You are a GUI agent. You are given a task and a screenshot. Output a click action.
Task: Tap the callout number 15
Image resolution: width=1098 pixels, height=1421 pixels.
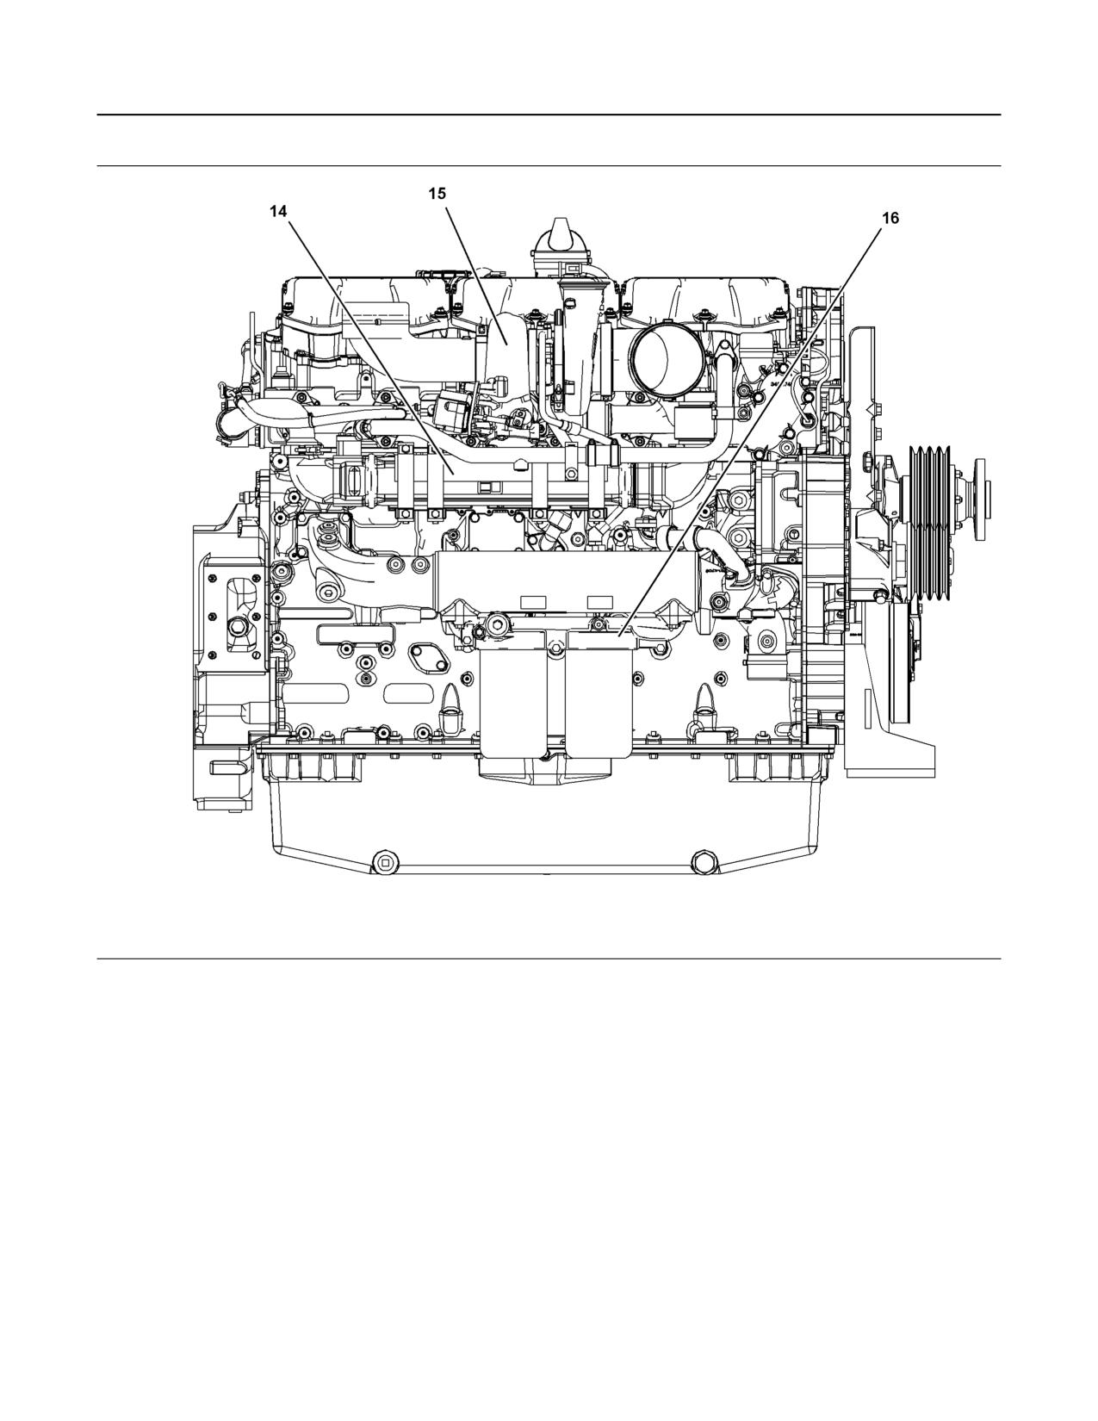tap(437, 194)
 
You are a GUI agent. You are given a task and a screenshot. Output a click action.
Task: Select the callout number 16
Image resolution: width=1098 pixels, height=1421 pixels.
tap(890, 219)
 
